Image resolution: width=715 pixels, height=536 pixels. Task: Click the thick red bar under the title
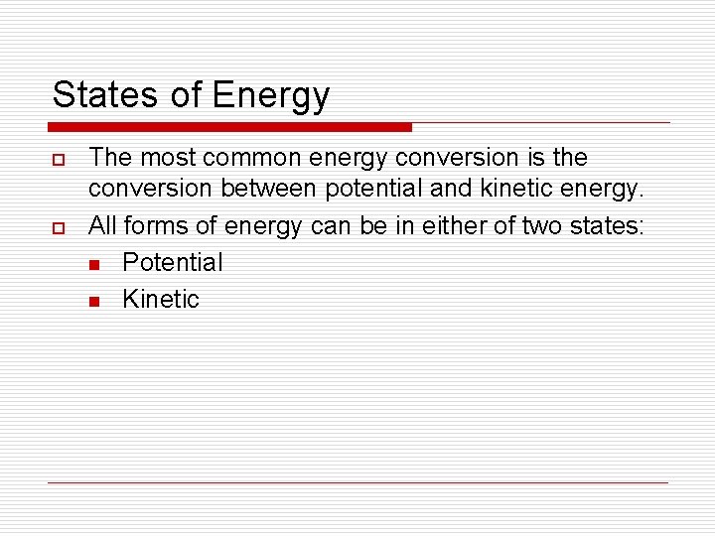pyautogui.click(x=229, y=127)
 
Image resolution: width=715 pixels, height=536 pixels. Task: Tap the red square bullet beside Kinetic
pyautogui.click(x=93, y=301)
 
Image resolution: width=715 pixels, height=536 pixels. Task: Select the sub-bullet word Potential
pyautogui.click(x=172, y=263)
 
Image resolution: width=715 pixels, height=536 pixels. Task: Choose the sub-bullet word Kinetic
pyautogui.click(x=160, y=299)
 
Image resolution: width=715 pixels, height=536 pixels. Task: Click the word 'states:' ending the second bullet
pyautogui.click(x=607, y=227)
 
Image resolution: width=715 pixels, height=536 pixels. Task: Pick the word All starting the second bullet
pyautogui.click(x=103, y=227)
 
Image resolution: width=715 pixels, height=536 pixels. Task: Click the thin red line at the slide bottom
pyautogui.click(x=357, y=483)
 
